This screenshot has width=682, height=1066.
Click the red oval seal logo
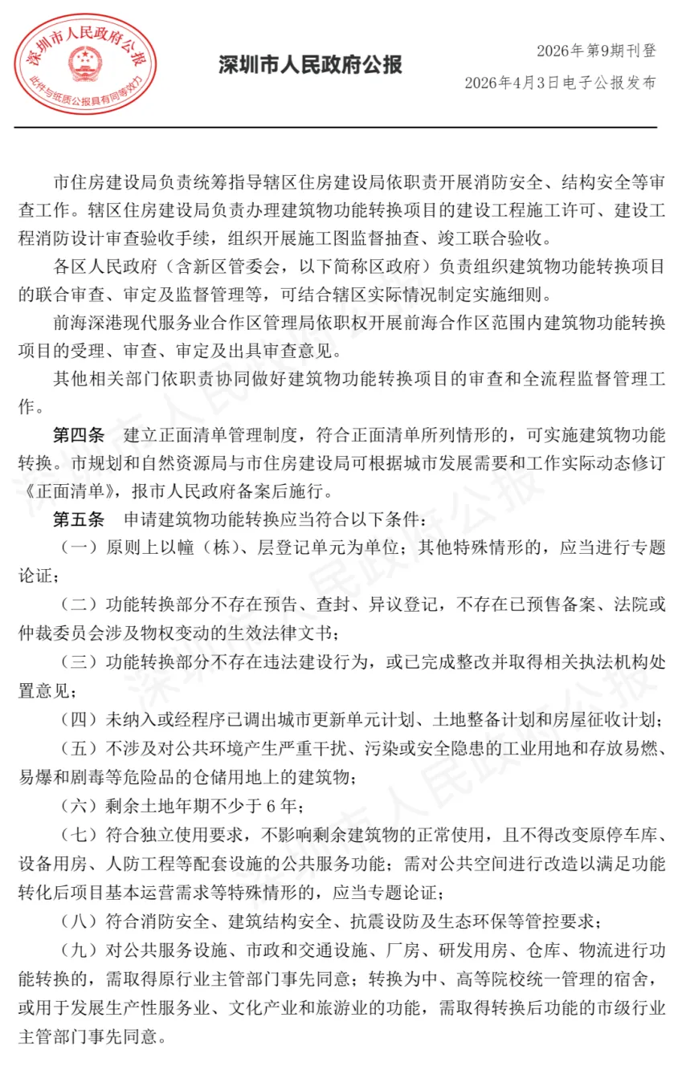tap(86, 65)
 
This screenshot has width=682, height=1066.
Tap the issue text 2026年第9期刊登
tap(596, 51)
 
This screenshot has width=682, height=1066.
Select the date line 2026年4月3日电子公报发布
tap(560, 83)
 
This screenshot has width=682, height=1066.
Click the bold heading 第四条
tap(78, 437)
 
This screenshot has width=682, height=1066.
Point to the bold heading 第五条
tap(78, 520)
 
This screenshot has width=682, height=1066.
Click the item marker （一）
tap(79, 548)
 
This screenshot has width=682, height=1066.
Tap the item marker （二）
tap(79, 605)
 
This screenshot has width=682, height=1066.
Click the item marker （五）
tap(79, 749)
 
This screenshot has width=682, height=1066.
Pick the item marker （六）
tap(79, 806)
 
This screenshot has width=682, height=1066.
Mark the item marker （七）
tap(79, 836)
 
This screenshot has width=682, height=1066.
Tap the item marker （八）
tap(79, 920)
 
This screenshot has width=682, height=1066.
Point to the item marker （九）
tap(79, 950)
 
